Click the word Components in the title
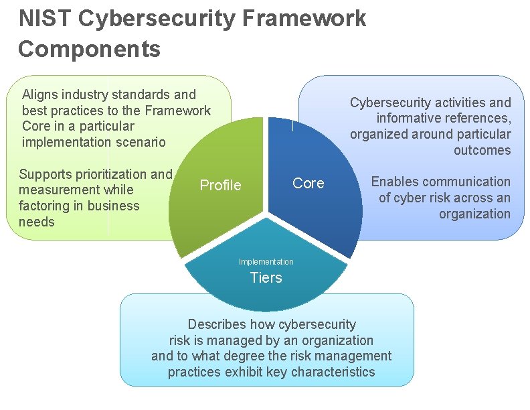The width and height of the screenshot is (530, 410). tap(90, 49)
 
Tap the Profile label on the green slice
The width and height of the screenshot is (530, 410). tap(220, 186)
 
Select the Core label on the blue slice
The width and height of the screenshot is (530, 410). tap(308, 183)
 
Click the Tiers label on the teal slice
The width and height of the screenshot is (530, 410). tap(266, 277)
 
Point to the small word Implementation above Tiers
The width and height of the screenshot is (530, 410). tap(266, 262)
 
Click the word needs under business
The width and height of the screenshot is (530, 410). tap(37, 222)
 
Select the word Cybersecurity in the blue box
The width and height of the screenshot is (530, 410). tap(390, 102)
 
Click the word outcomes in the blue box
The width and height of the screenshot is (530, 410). tap(482, 150)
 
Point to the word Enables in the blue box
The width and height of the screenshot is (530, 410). tap(395, 182)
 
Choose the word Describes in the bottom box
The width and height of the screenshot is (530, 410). tap(217, 325)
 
